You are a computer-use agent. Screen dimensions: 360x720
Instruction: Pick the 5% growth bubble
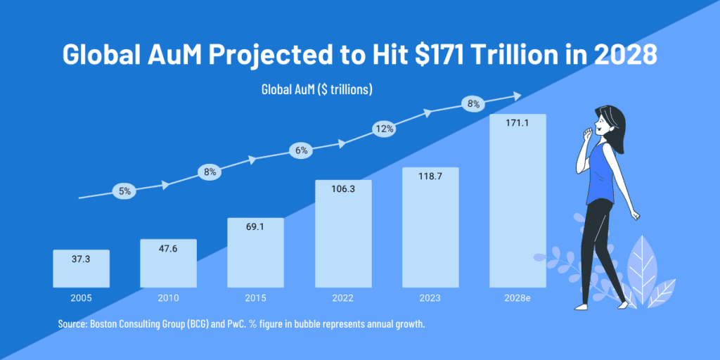(x=124, y=191)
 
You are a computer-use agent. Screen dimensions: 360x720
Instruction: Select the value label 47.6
(x=168, y=248)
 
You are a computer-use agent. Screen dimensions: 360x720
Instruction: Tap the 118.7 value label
(x=430, y=176)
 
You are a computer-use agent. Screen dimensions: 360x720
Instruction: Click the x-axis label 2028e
(x=517, y=298)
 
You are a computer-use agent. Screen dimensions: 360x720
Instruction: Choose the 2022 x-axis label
(x=342, y=298)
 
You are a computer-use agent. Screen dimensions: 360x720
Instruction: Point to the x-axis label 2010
(x=168, y=298)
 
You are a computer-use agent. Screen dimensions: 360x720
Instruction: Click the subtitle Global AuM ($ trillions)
(x=316, y=90)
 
